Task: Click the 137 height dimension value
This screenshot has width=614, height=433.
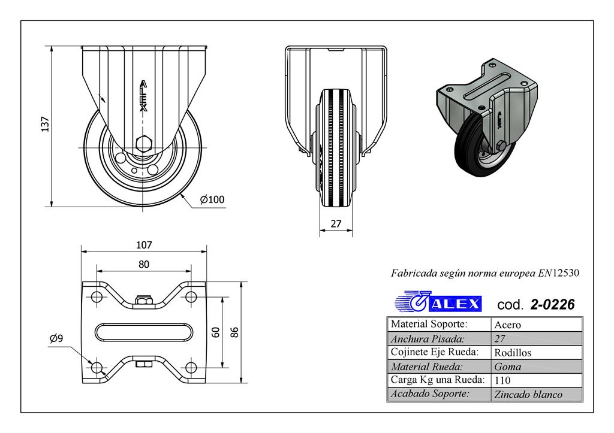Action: pos(44,125)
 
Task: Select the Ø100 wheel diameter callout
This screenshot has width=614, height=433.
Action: pos(212,199)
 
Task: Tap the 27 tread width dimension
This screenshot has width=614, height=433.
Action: pos(336,224)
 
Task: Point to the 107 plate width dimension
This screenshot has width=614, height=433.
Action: pos(144,244)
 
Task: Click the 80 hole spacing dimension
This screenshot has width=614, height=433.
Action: pos(144,264)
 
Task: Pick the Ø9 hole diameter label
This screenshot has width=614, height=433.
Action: pos(56,339)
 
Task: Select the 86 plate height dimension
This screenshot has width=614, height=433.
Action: pos(235,331)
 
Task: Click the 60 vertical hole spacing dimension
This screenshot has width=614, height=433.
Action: pos(216,331)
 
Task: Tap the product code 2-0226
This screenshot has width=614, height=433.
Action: pos(552,304)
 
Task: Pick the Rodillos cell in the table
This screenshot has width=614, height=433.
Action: pos(513,353)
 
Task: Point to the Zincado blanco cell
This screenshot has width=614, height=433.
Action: pos(528,394)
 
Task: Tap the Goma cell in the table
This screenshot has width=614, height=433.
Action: pos(508,367)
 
